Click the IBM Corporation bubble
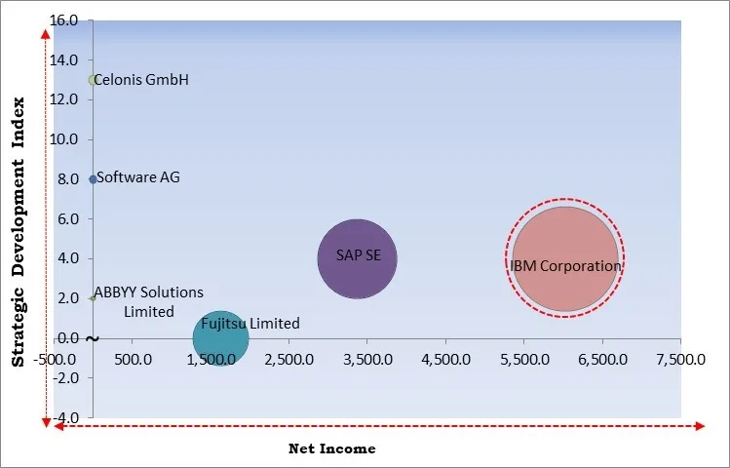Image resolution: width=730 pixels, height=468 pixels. coord(564,258)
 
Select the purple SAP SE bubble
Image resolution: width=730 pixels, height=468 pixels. coord(357,258)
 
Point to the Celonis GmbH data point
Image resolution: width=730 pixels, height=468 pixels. coord(93,80)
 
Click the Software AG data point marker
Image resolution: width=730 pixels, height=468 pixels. coord(93,179)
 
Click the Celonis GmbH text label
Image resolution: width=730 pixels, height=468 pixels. coord(143,80)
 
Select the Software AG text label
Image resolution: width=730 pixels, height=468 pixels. coord(138,178)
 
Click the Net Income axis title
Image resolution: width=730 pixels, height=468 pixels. coord(331,449)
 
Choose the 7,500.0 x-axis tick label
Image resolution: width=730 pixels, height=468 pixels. coord(681,359)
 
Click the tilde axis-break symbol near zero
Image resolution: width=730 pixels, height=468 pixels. coord(92,339)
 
